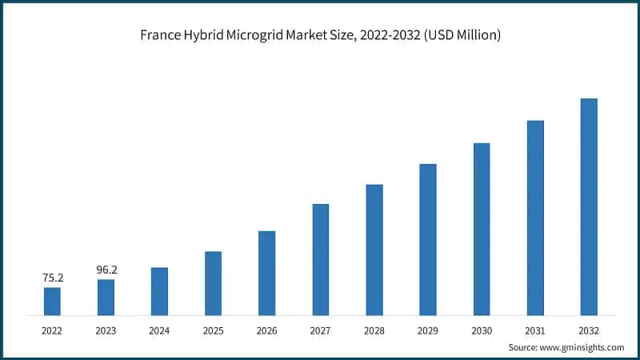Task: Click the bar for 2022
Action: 52,301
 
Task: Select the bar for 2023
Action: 106,297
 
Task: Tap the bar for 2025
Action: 213,283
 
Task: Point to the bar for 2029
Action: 428,239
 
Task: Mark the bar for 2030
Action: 482,229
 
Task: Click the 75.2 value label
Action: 53,278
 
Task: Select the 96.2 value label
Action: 106,270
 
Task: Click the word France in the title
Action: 161,35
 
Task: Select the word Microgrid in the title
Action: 262,35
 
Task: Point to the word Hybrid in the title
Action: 207,35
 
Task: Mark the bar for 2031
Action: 535,218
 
